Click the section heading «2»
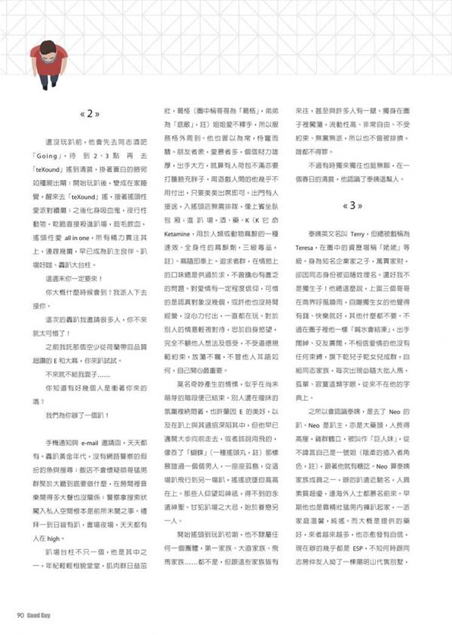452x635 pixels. (x=90, y=114)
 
